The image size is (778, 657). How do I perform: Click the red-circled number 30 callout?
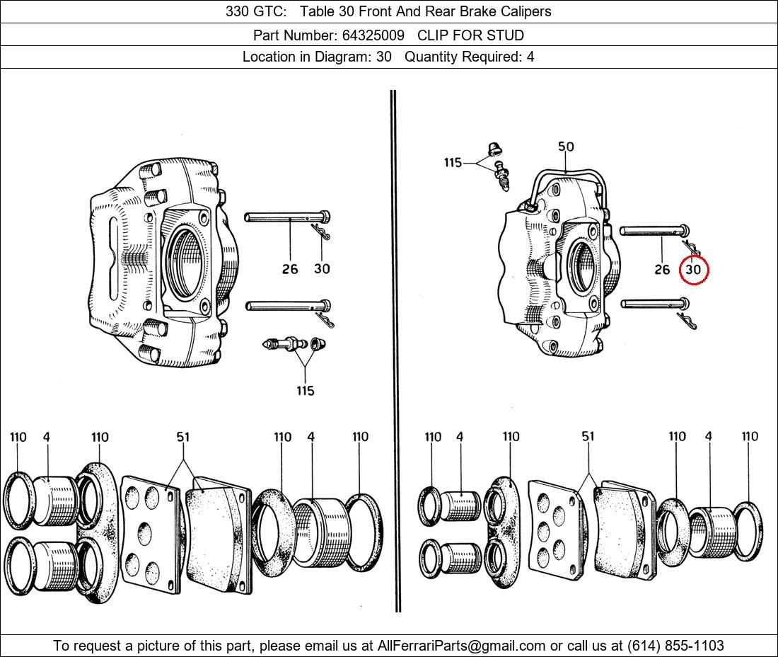[693, 270]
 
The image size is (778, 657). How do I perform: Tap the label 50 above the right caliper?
[566, 147]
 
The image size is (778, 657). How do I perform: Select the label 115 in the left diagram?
[305, 391]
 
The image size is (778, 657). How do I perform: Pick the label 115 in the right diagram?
[453, 163]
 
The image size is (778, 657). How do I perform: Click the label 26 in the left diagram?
[290, 269]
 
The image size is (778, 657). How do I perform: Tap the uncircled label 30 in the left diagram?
[322, 269]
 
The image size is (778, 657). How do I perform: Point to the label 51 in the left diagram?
[183, 438]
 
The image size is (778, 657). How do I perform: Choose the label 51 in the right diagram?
[588, 438]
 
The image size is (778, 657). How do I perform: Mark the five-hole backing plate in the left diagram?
[147, 531]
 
